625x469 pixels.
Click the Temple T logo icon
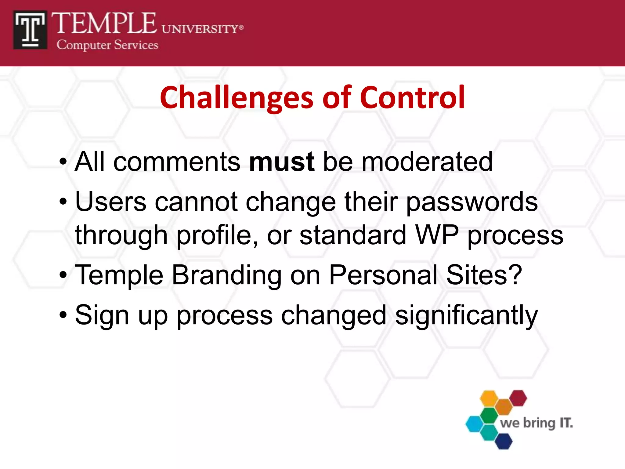(x=30, y=30)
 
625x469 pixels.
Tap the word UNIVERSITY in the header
(x=200, y=29)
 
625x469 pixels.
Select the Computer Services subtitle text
(x=107, y=45)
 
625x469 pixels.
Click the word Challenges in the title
(x=236, y=98)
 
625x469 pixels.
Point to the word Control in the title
(x=412, y=97)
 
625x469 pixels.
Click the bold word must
(x=281, y=162)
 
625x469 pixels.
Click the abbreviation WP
(x=437, y=235)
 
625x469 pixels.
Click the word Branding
(x=226, y=275)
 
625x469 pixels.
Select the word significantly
(x=466, y=316)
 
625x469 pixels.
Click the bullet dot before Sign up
(x=63, y=314)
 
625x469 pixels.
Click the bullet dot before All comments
(x=63, y=161)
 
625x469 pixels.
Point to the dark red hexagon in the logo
(x=518, y=398)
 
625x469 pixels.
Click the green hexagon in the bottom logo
(x=489, y=415)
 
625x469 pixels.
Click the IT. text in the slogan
(x=566, y=423)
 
